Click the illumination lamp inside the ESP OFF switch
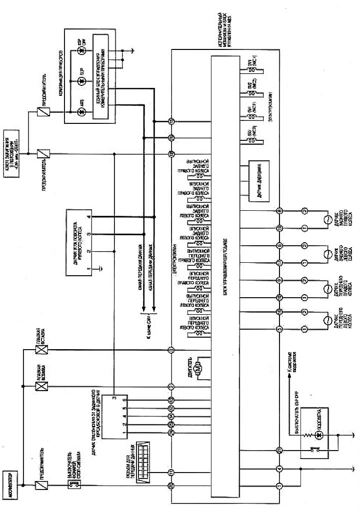[x=322, y=436]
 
